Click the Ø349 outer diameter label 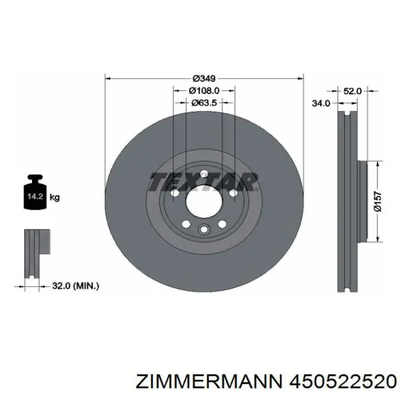click(x=204, y=78)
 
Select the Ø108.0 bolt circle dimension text click(x=204, y=91)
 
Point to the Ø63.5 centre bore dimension click(x=204, y=103)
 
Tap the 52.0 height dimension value click(x=352, y=91)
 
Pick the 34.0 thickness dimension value click(x=321, y=104)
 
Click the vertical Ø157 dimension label click(x=379, y=202)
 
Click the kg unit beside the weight click(x=54, y=198)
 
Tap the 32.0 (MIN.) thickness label click(x=76, y=286)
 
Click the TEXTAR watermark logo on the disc click(x=204, y=182)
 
